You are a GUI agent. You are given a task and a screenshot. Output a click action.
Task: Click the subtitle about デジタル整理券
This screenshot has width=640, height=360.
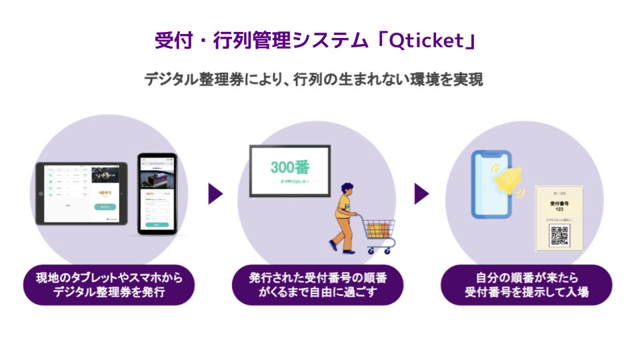[x=313, y=79]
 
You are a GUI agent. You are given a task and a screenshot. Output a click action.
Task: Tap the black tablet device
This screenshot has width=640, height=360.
[x=81, y=193]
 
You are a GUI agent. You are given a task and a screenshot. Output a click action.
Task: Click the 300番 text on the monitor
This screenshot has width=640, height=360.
[x=290, y=167]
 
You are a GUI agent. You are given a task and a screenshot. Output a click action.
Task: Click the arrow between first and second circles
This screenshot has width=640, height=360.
[x=215, y=194]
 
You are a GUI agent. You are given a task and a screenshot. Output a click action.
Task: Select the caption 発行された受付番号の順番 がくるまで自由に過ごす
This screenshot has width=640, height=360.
[x=318, y=285]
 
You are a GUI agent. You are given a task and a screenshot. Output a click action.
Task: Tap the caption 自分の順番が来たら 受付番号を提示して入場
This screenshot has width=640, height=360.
[x=526, y=285]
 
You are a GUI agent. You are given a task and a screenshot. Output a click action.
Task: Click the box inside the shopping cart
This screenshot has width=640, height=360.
[x=377, y=228]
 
